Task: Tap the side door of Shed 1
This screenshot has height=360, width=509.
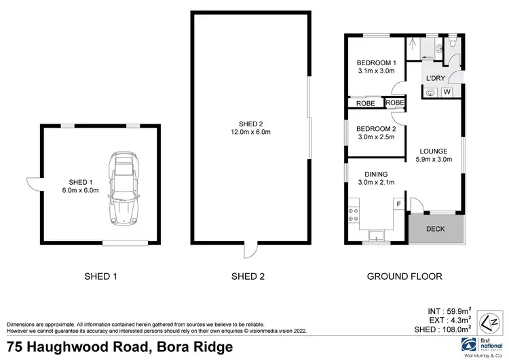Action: [31, 181]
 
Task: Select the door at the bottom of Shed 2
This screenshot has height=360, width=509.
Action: [251, 251]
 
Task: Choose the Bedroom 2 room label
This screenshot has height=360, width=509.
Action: [376, 128]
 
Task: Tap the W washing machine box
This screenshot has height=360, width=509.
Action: [447, 92]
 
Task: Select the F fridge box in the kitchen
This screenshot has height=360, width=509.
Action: [398, 204]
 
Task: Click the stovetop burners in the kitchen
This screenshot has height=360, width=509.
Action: [354, 215]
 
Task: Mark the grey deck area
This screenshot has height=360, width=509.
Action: [435, 229]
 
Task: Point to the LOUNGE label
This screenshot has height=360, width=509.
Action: [433, 152]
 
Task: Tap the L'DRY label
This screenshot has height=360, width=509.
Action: [435, 79]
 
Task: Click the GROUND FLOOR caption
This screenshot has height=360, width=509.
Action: [404, 276]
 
